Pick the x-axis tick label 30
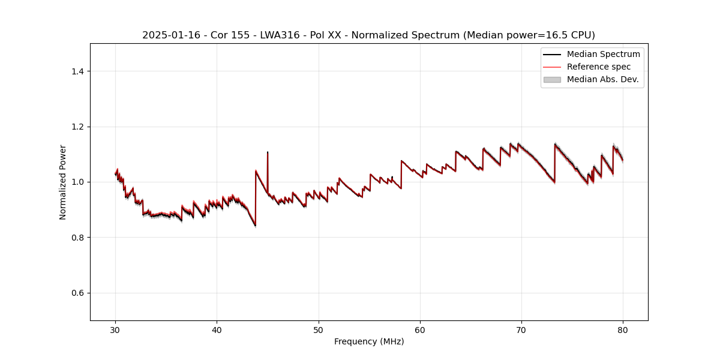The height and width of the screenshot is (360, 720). [x=115, y=329]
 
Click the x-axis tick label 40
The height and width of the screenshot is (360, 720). [x=217, y=329]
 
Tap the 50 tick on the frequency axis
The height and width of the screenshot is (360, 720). [x=318, y=329]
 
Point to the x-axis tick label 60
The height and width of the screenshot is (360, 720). [x=420, y=329]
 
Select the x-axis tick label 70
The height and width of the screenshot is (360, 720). [x=521, y=329]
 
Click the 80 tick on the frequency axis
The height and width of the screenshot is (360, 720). [x=623, y=329]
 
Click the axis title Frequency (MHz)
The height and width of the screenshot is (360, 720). [x=369, y=341]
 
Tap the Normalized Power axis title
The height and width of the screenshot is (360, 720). [x=63, y=182]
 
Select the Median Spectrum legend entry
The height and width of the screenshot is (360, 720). [x=603, y=54]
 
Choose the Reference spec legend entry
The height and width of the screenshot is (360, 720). [x=598, y=67]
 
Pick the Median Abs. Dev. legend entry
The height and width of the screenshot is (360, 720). [x=602, y=79]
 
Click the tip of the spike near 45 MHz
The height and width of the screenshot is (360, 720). [x=268, y=152]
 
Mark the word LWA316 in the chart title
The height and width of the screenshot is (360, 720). [x=280, y=35]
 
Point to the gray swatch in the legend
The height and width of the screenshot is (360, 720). [x=551, y=79]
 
